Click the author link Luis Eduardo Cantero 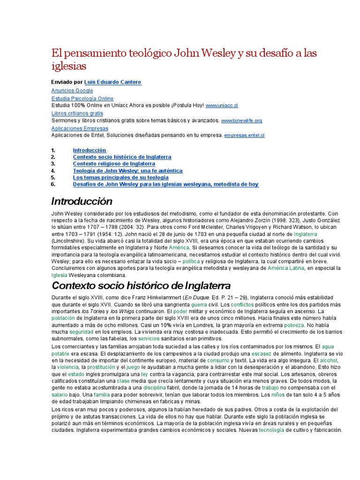click(112, 82)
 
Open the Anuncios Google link click(72, 90)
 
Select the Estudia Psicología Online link click(82, 98)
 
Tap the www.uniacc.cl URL click(222, 106)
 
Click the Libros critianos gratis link click(77, 113)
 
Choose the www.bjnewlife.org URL click(241, 121)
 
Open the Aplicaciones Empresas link click(80, 128)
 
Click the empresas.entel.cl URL click(245, 135)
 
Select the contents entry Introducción click(90, 150)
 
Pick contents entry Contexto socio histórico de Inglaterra click(122, 157)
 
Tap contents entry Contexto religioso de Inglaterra click(114, 164)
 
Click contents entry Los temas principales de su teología click(120, 178)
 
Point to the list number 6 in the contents click(53, 185)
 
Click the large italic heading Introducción click(82, 202)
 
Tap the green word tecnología click(271, 430)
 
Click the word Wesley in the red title click(217, 53)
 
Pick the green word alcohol click(328, 360)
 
